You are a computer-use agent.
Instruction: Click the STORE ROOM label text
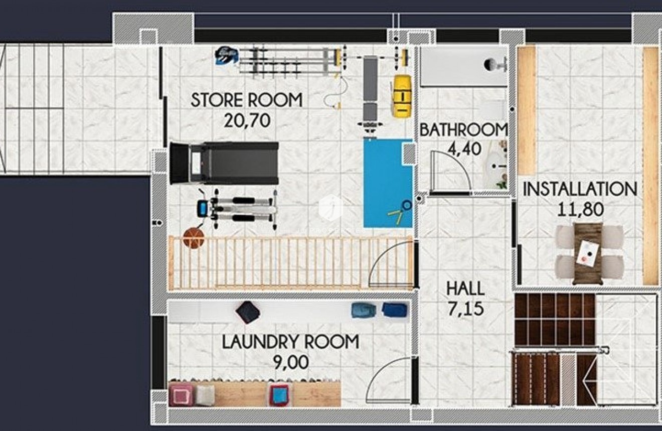pyautogui.click(x=246, y=100)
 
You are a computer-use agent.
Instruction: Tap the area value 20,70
pyautogui.click(x=247, y=120)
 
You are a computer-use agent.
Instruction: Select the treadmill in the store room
pyautogui.click(x=224, y=163)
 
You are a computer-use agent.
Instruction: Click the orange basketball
pyautogui.click(x=194, y=238)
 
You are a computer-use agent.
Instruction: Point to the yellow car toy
pyautogui.click(x=401, y=96)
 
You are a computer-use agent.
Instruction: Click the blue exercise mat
pyautogui.click(x=386, y=183)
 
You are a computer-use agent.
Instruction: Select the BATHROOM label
pyautogui.click(x=463, y=129)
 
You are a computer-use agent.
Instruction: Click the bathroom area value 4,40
pyautogui.click(x=464, y=149)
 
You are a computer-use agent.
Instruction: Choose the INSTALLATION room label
pyautogui.click(x=580, y=189)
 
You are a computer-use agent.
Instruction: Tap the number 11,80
pyautogui.click(x=580, y=209)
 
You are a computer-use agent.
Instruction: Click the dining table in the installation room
pyautogui.click(x=588, y=253)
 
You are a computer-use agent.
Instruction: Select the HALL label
pyautogui.click(x=465, y=289)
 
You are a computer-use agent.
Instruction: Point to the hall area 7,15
pyautogui.click(x=465, y=309)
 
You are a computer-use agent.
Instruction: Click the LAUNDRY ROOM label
pyautogui.click(x=290, y=342)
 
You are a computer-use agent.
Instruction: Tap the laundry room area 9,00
pyautogui.click(x=291, y=362)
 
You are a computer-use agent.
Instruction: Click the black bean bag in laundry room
pyautogui.click(x=248, y=312)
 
